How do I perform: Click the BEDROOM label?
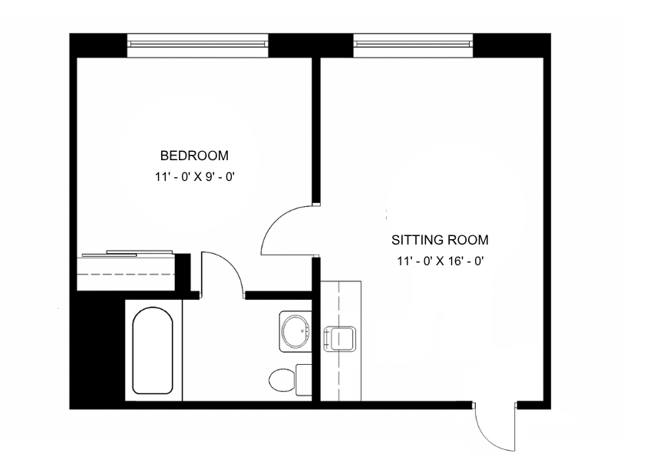point(194,156)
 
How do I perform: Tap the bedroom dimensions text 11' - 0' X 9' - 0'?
point(195,177)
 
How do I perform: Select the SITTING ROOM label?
point(440,240)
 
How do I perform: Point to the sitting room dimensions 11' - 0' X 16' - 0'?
point(440,261)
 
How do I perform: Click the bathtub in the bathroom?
point(153,351)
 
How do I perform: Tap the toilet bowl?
point(282,380)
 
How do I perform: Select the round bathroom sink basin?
point(295,331)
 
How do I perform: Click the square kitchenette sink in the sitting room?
point(339,339)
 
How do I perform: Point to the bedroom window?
point(198,45)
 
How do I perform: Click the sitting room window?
point(413,45)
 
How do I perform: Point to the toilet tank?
point(304,379)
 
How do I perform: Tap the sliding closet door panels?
point(127,254)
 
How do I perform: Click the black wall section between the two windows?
point(311,45)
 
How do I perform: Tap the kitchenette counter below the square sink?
point(341,377)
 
